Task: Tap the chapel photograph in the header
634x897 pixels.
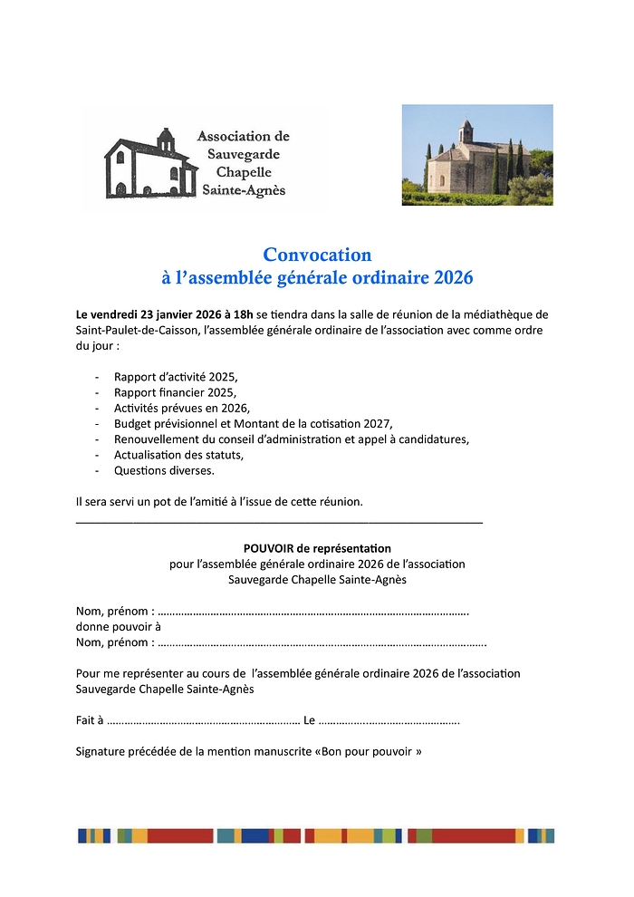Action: [477, 155]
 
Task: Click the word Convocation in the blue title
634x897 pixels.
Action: [317, 256]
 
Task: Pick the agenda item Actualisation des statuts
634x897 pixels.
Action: [178, 455]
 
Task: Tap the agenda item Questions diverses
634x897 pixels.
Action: [164, 470]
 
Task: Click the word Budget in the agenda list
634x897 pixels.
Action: [133, 423]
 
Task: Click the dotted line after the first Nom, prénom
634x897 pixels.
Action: [313, 611]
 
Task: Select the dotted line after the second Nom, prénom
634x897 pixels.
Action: [322, 642]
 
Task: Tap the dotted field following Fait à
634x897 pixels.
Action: [203, 721]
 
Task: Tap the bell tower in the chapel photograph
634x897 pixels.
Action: [466, 131]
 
